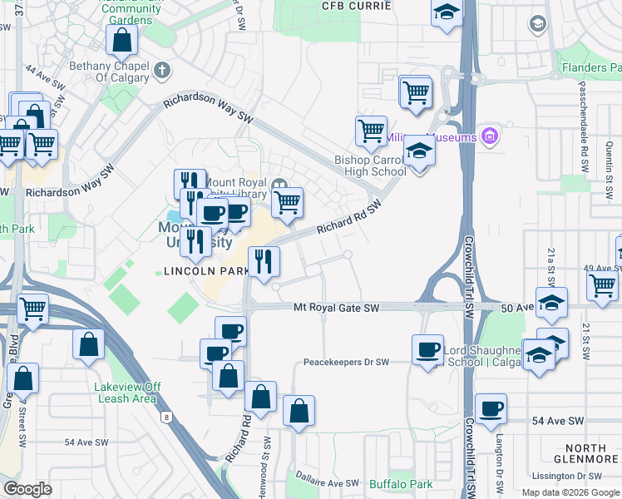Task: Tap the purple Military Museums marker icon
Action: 489,136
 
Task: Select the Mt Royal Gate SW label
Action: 336,308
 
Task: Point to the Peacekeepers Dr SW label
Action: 346,363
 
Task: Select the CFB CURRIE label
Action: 357,6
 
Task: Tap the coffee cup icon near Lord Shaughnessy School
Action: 428,348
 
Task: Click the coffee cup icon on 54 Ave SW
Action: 491,408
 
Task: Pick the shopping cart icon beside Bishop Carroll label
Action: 371,130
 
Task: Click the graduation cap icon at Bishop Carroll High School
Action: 420,151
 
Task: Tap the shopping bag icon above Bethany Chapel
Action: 121,38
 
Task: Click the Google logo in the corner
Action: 28,488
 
